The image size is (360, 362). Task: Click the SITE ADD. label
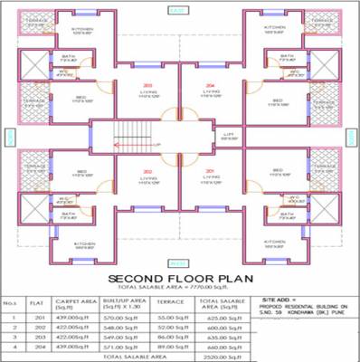click(278, 297)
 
